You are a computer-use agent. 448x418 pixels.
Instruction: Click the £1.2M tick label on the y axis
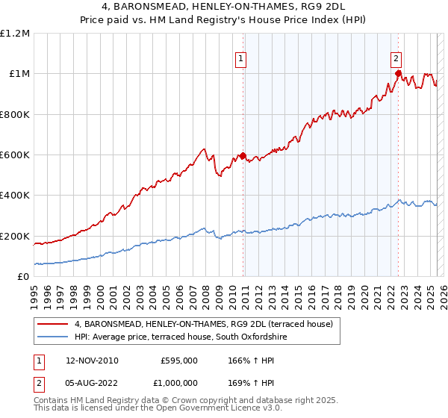15,34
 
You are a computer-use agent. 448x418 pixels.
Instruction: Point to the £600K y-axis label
15,155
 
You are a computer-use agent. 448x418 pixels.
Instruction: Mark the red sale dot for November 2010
243,156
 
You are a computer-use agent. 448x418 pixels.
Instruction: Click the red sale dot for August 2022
398,74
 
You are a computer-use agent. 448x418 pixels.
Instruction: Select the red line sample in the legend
52,325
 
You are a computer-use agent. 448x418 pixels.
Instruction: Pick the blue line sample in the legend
52,337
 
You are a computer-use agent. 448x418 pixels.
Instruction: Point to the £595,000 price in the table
179,361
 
